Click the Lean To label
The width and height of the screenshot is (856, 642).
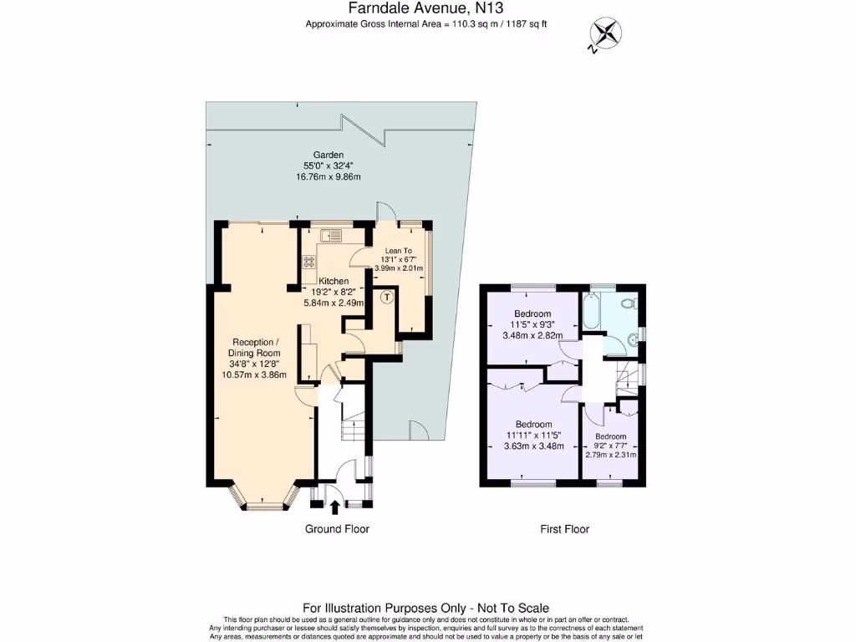[398, 251]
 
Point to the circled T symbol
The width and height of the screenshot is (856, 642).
[386, 296]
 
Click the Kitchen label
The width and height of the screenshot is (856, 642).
[334, 281]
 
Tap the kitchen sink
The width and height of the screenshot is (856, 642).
[334, 234]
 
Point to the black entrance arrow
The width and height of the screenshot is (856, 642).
[335, 506]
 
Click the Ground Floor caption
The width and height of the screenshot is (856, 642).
[337, 529]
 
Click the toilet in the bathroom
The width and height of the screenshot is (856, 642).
[634, 302]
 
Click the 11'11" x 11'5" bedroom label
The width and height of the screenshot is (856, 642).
[533, 435]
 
